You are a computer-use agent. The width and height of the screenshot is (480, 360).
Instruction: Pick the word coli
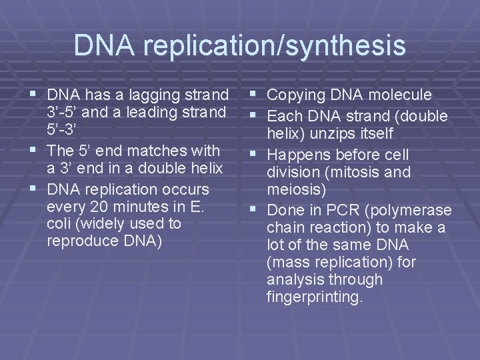(59, 223)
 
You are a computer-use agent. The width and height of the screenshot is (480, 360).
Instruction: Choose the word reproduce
(80, 241)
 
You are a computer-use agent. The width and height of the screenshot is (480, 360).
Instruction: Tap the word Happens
(297, 155)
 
